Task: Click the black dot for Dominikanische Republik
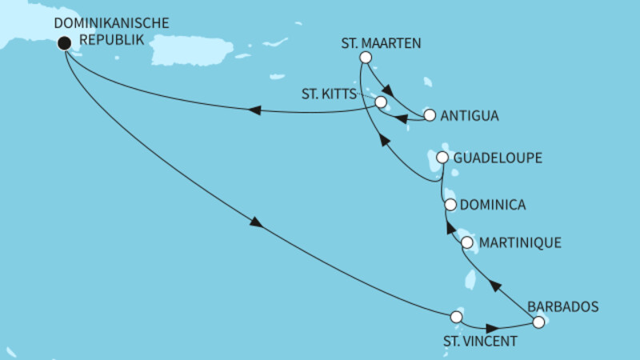click(x=63, y=45)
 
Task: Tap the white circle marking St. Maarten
click(x=366, y=57)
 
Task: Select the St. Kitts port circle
click(x=381, y=102)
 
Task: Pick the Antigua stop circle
click(x=430, y=115)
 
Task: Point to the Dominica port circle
click(x=450, y=206)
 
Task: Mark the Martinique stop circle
click(x=467, y=242)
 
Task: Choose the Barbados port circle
click(x=538, y=322)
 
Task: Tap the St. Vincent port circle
click(x=457, y=317)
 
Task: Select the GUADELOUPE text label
click(x=498, y=158)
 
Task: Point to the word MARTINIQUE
click(x=521, y=242)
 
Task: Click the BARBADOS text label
click(x=562, y=305)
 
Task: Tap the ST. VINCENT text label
click(x=480, y=342)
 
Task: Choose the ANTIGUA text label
click(x=470, y=115)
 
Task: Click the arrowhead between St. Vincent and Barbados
click(x=491, y=327)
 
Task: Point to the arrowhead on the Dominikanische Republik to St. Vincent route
click(x=257, y=224)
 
